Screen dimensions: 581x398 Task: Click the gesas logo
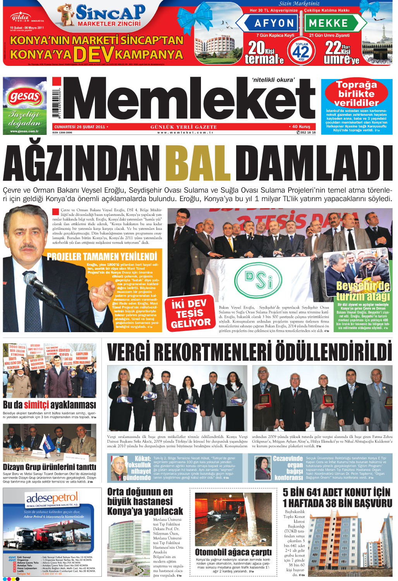(24, 97)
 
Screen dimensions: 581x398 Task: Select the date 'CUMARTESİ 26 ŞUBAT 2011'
(80, 127)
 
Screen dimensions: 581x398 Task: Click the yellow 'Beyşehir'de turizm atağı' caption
(362, 291)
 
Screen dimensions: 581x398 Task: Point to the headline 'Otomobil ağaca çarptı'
(233, 552)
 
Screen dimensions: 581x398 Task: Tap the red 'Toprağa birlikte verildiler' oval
(356, 93)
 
